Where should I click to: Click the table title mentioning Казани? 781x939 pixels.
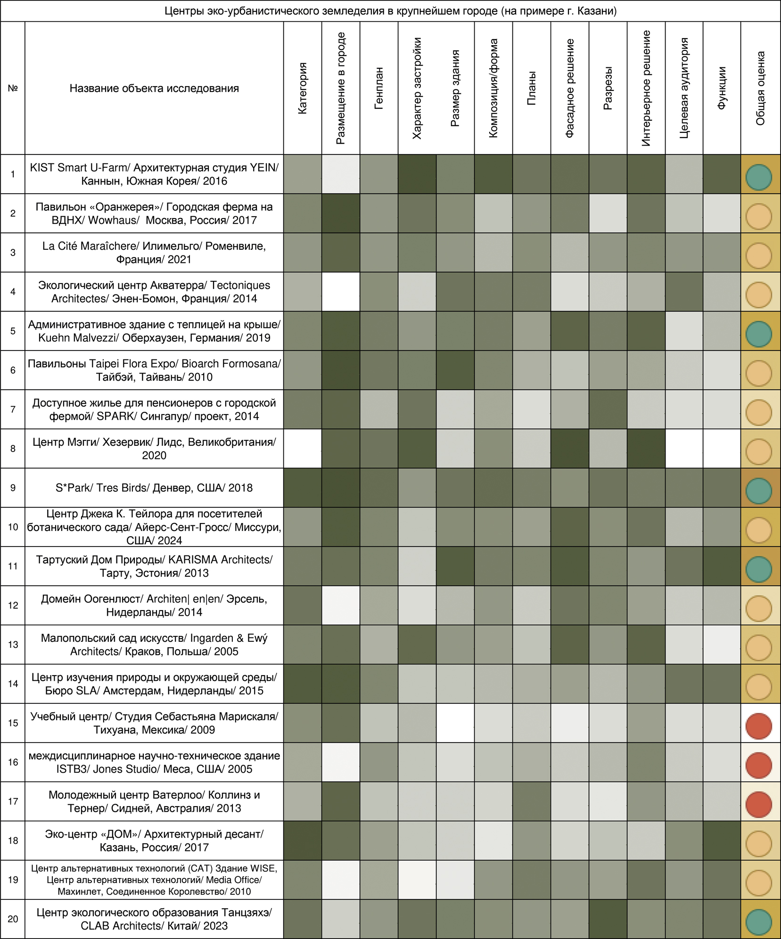pyautogui.click(x=390, y=11)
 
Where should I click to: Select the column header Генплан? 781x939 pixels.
pyautogui.click(x=378, y=88)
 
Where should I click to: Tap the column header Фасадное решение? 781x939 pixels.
pyautogui.click(x=569, y=88)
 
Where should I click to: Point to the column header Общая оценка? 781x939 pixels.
pyautogui.click(x=760, y=88)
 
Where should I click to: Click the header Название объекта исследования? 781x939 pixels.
pyautogui.click(x=154, y=88)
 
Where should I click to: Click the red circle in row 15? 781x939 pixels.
pyautogui.click(x=759, y=726)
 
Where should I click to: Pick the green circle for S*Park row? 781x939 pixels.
pyautogui.click(x=759, y=491)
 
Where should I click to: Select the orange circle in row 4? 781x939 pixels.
pyautogui.click(x=759, y=295)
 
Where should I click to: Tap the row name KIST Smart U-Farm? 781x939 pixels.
pyautogui.click(x=154, y=174)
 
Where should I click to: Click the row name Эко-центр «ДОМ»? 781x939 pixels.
pyautogui.click(x=154, y=841)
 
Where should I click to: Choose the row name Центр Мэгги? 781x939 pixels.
pyautogui.click(x=154, y=448)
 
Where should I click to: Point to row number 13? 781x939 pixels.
pyautogui.click(x=13, y=645)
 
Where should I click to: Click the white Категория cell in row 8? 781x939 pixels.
pyautogui.click(x=303, y=448)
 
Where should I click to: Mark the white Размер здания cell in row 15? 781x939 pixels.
pyautogui.click(x=455, y=723)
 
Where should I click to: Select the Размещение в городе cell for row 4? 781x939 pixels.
pyautogui.click(x=341, y=292)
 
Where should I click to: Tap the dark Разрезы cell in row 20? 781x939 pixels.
pyautogui.click(x=608, y=919)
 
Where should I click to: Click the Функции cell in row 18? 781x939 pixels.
pyautogui.click(x=722, y=841)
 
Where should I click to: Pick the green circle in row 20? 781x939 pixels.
pyautogui.click(x=759, y=922)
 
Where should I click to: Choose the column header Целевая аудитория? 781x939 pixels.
pyautogui.click(x=684, y=88)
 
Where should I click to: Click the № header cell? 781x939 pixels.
pyautogui.click(x=13, y=88)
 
